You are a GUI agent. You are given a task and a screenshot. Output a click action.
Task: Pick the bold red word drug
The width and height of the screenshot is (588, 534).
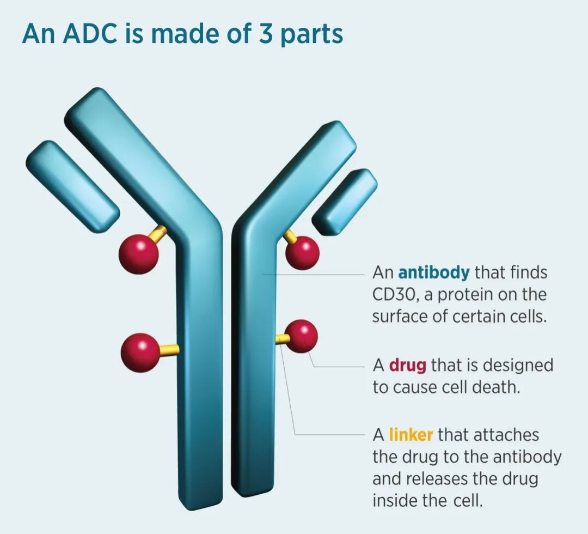(407, 365)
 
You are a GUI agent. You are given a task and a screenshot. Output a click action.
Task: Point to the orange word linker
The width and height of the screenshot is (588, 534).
(411, 435)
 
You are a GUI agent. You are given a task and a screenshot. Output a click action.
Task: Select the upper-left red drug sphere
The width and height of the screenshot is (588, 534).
(139, 252)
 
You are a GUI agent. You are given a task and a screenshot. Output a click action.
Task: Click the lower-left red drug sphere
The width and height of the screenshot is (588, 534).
(140, 353)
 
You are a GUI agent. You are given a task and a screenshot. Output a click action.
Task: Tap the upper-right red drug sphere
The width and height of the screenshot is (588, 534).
(302, 252)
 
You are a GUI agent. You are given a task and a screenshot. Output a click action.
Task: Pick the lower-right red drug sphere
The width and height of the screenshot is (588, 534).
(301, 336)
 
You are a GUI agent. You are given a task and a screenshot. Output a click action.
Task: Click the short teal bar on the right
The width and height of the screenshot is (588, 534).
(345, 202)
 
